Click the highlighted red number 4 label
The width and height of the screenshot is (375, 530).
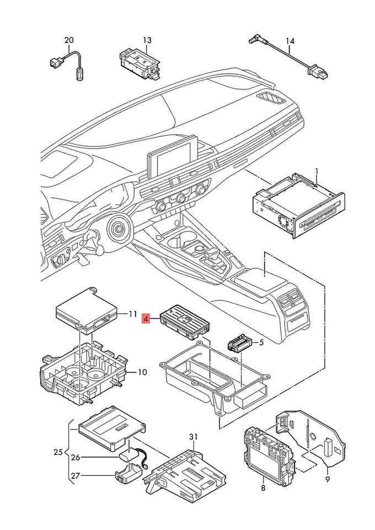pos(146,318)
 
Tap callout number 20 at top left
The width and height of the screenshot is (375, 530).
pos(69,40)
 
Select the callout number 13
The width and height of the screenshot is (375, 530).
pos(147,40)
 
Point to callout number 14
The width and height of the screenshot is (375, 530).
pos(290,41)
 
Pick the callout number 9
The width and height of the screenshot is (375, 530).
pos(328,479)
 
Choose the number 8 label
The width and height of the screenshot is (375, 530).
pos(263,487)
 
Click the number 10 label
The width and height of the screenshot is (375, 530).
pos(142,372)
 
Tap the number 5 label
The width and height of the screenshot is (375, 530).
pos(261,342)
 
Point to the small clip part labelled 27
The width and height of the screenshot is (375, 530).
pos(128,472)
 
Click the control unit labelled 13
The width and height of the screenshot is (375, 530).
pos(140,63)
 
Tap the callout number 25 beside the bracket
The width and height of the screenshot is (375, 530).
pos(58,452)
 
